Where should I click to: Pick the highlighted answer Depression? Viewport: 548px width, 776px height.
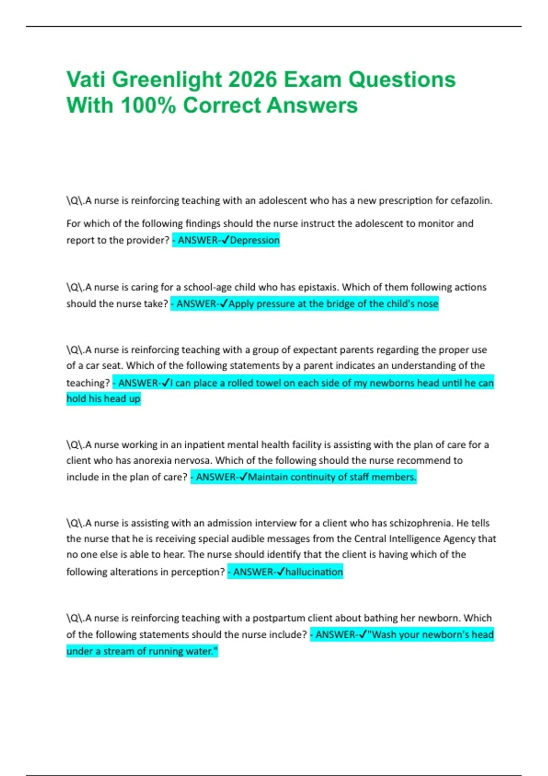[x=255, y=240]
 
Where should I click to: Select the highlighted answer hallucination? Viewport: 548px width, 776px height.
[x=314, y=572]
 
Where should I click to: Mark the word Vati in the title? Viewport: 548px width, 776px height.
[x=86, y=80]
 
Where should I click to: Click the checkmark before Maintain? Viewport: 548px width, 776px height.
[x=243, y=477]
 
